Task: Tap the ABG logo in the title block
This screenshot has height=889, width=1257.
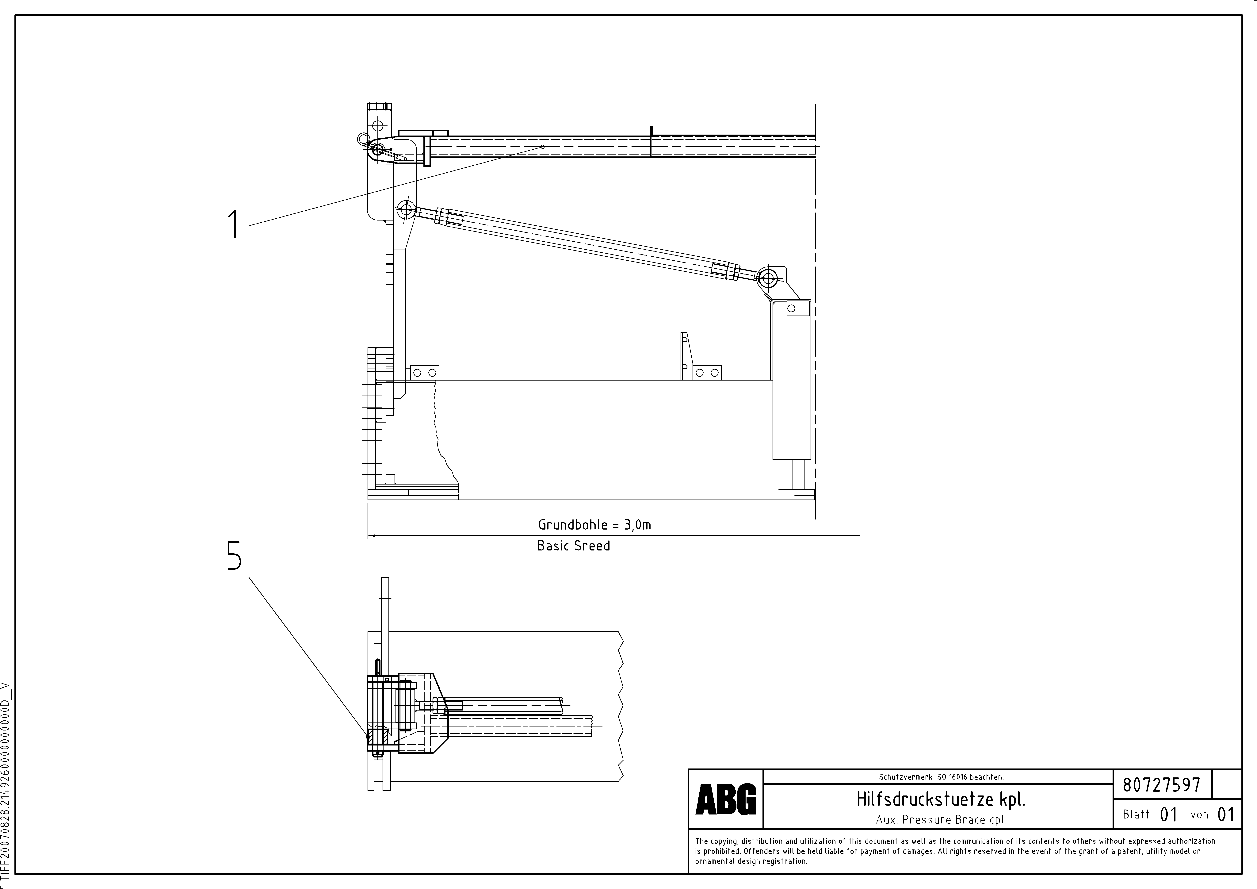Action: pos(725,799)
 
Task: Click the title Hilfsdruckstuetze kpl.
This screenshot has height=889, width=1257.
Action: pos(941,800)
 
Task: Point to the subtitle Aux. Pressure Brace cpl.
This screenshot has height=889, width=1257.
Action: pos(941,819)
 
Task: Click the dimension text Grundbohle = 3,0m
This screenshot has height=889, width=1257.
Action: pos(594,524)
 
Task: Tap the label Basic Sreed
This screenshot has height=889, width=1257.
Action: pos(573,546)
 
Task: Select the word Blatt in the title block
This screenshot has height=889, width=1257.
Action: pos(1136,814)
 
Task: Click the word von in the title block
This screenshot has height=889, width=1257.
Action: pos(1199,814)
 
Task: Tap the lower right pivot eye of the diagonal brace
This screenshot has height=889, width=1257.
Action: pos(768,279)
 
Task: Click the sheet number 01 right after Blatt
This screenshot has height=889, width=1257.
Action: pos(1168,814)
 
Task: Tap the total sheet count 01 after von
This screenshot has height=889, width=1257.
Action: pos(1226,814)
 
